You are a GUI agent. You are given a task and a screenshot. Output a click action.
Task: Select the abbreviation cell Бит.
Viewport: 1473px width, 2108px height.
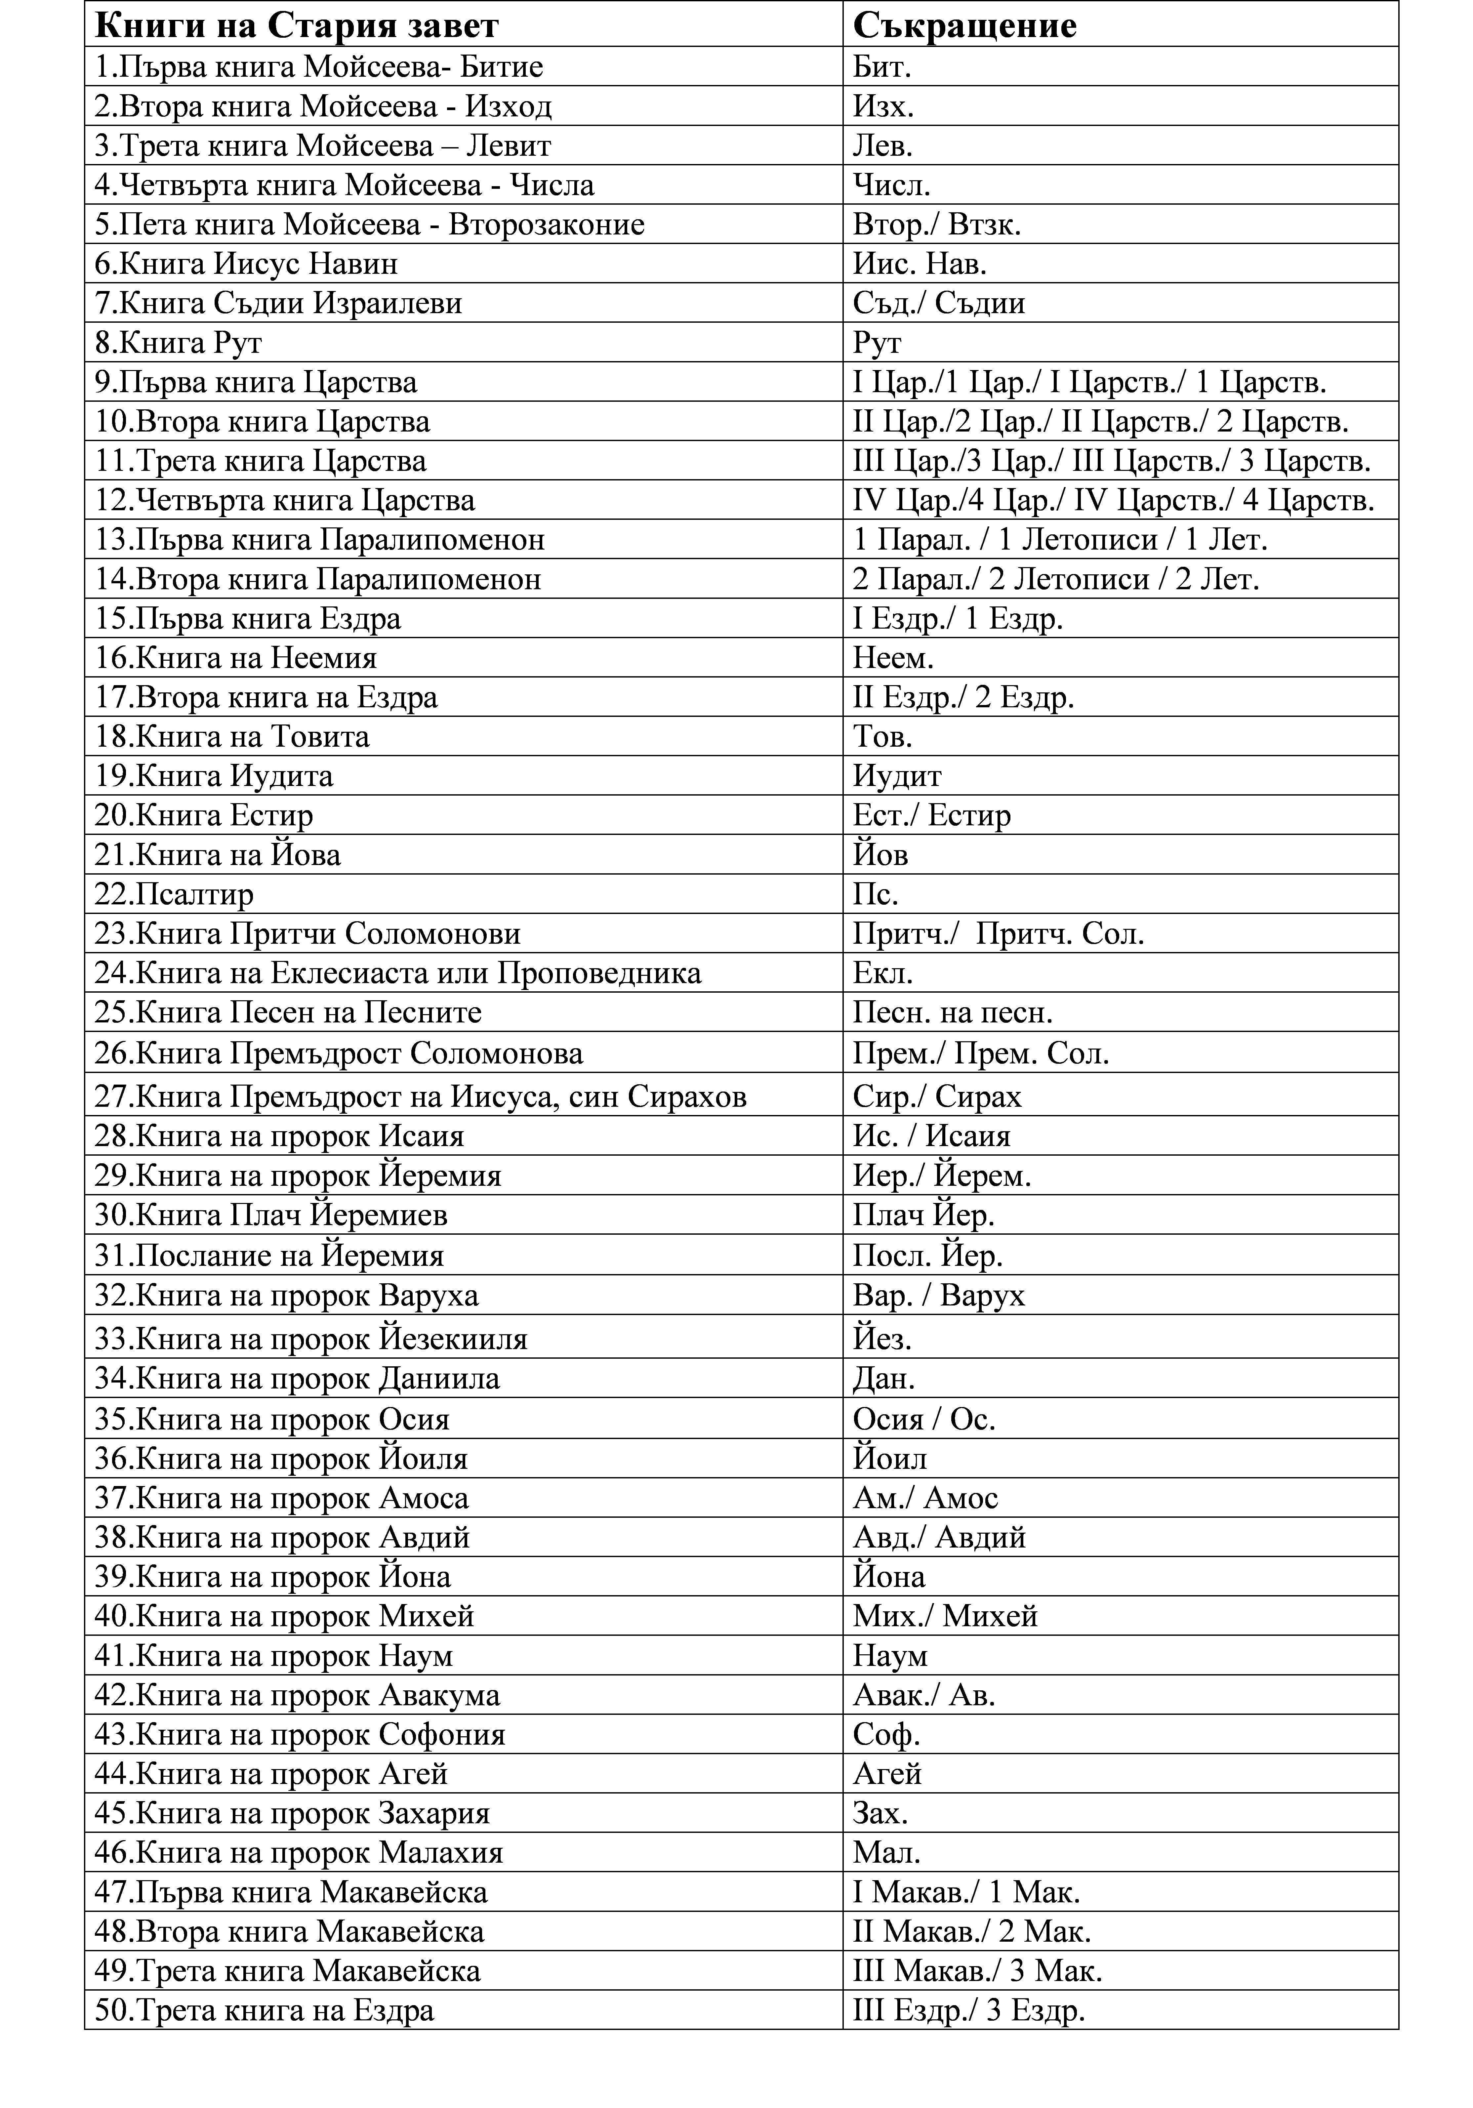(x=881, y=67)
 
